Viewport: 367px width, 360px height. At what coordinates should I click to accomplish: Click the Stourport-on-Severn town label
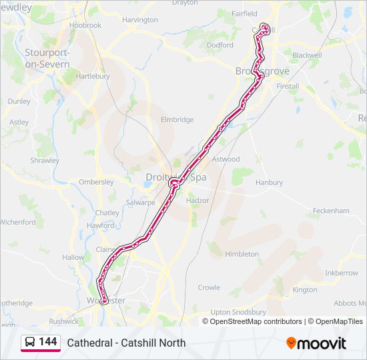click(x=47, y=57)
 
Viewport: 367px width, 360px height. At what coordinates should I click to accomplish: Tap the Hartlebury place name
click(x=93, y=77)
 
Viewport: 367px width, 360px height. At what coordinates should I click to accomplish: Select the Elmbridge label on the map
click(x=177, y=120)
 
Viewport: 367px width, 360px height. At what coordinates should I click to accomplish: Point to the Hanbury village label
click(x=269, y=182)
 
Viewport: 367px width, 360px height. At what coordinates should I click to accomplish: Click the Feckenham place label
click(x=331, y=211)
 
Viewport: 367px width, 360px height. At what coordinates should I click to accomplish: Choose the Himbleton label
click(x=242, y=254)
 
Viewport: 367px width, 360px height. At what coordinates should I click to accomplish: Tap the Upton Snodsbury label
click(x=238, y=312)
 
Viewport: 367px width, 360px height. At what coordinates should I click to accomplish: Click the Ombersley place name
click(x=96, y=182)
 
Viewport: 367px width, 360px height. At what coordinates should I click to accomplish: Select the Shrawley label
click(x=45, y=161)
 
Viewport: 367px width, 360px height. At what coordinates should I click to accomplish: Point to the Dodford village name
click(x=220, y=45)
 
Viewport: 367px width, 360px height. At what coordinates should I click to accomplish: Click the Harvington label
click(x=140, y=20)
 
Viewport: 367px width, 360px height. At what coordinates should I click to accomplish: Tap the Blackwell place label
click(x=306, y=55)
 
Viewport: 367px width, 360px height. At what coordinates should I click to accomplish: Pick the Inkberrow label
click(x=341, y=273)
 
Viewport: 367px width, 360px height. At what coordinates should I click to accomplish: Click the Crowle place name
click(x=209, y=288)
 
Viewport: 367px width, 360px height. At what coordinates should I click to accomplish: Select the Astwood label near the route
click(x=226, y=159)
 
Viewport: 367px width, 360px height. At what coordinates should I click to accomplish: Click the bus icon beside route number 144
click(x=30, y=343)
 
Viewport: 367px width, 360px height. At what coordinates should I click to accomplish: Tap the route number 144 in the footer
click(x=48, y=342)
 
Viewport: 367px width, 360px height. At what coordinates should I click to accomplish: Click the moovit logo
click(x=316, y=343)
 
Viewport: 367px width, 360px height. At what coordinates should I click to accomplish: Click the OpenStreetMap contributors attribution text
click(x=256, y=321)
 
